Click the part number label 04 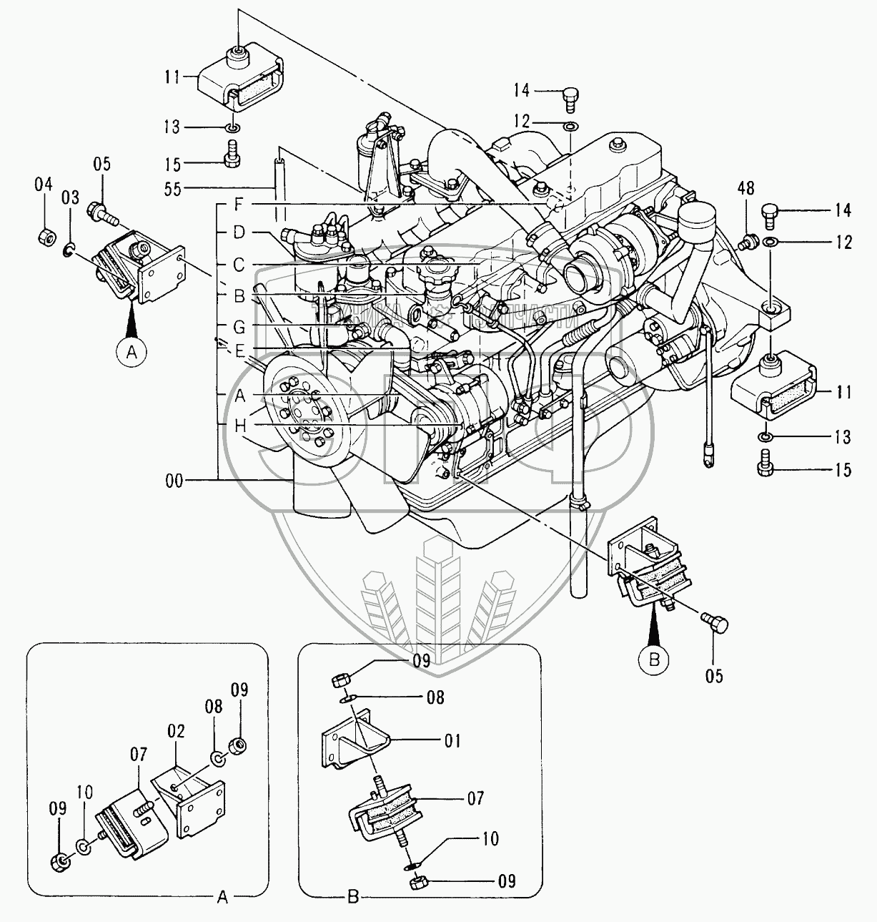point(44,185)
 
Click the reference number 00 point(174,481)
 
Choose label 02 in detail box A point(176,731)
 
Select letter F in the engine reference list point(239,205)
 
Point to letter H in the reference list point(239,426)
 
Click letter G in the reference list point(239,327)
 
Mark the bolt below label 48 point(748,241)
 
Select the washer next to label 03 point(68,249)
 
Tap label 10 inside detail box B point(490,838)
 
